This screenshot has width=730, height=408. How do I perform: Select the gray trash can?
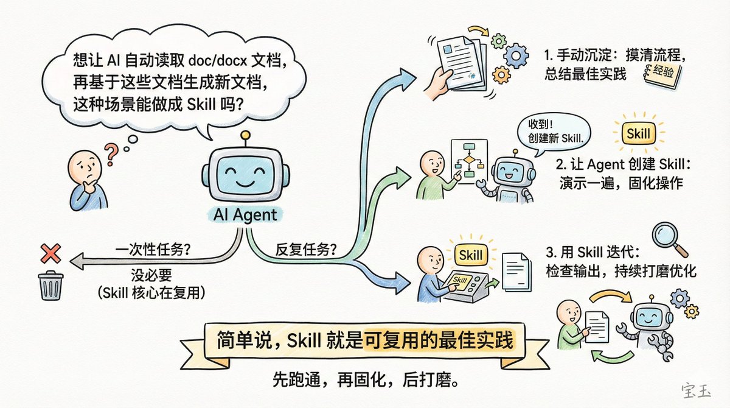tap(51, 285)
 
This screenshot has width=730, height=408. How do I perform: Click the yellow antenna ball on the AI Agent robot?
tap(245, 135)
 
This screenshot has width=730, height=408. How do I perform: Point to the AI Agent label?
tap(246, 214)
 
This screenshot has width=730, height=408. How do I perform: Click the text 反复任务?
tap(307, 250)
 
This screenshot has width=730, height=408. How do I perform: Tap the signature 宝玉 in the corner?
tap(698, 390)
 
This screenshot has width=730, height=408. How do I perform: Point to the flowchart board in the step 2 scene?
tap(468, 162)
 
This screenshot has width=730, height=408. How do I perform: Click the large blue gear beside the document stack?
tap(519, 57)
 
